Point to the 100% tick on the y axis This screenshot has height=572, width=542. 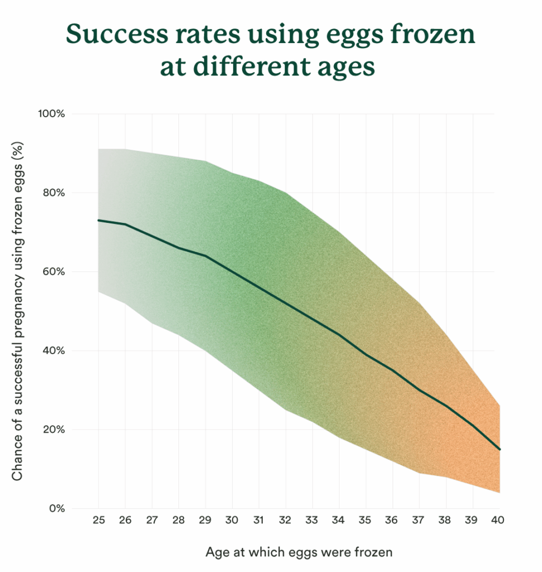(51, 114)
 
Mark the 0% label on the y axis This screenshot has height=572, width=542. (56, 509)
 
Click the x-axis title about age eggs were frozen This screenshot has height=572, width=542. (299, 552)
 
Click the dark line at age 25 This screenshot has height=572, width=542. (99, 220)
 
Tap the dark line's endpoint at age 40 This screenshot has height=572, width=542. (499, 449)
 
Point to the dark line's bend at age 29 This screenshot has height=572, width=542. (205, 256)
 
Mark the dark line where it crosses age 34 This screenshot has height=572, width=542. (339, 335)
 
